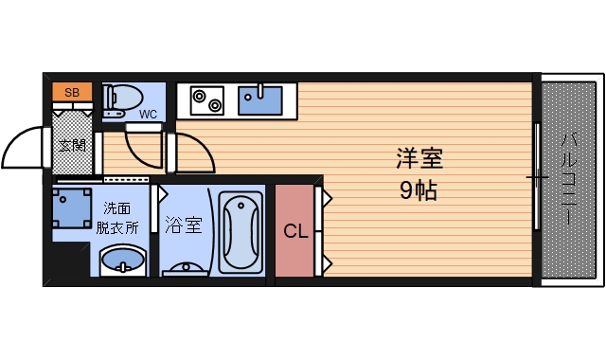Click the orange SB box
(x=72, y=93)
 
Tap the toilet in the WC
(x=124, y=97)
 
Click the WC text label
(x=149, y=115)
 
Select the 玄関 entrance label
(x=72, y=145)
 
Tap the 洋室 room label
(x=419, y=158)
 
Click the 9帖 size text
(x=418, y=189)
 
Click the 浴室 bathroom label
(x=183, y=225)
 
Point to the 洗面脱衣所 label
(x=117, y=219)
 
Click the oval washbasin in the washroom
(x=122, y=260)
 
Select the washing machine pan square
(x=71, y=207)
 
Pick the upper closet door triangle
(x=323, y=199)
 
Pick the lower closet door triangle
(x=323, y=261)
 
